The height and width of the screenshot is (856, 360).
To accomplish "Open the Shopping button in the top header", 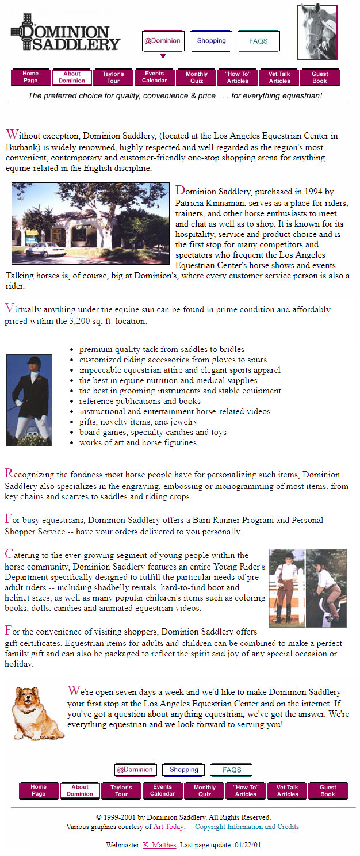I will (211, 41).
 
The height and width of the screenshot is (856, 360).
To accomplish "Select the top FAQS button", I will (259, 41).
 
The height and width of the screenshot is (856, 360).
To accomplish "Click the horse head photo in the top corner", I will (317, 32).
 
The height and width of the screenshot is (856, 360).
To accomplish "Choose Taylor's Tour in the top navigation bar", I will (113, 78).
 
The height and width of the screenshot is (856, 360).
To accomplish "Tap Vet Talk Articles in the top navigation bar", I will (279, 78).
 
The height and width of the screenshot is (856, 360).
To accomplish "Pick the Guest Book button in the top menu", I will (320, 78).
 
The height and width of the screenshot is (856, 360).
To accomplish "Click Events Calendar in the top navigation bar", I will (155, 78).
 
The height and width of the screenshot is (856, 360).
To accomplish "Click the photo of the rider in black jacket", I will (29, 400).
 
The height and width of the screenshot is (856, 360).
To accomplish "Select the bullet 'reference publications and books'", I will (140, 401).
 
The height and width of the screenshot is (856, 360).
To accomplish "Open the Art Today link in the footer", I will (168, 827).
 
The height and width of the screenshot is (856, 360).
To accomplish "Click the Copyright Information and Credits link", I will (247, 827).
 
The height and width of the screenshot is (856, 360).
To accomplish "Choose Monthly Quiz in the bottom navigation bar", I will (205, 791).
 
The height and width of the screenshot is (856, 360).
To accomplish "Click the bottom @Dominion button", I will (135, 770).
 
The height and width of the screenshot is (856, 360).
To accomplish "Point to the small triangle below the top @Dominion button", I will (163, 56).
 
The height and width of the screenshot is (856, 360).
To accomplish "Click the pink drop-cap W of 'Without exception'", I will (12, 135).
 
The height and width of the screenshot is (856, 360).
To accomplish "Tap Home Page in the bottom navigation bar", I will (39, 791).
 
